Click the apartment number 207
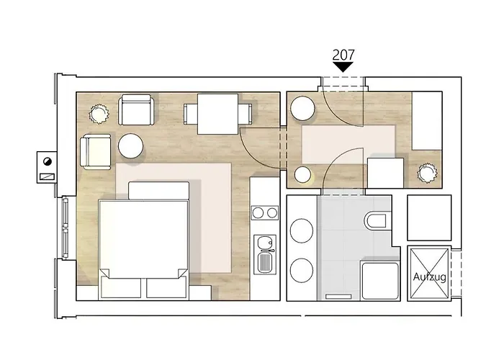[x=343, y=55]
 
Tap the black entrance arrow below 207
[x=343, y=67]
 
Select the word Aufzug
[x=429, y=276]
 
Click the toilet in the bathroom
[x=375, y=220]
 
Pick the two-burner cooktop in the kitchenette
[x=265, y=213]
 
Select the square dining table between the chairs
[x=217, y=114]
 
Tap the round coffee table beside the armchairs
[x=130, y=146]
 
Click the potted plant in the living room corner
[x=99, y=114]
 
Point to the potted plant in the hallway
[x=427, y=173]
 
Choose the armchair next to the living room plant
[x=135, y=109]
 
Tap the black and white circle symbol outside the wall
[x=48, y=161]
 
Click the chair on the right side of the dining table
[x=246, y=114]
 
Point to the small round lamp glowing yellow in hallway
[x=303, y=175]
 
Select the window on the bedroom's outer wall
[x=66, y=228]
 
